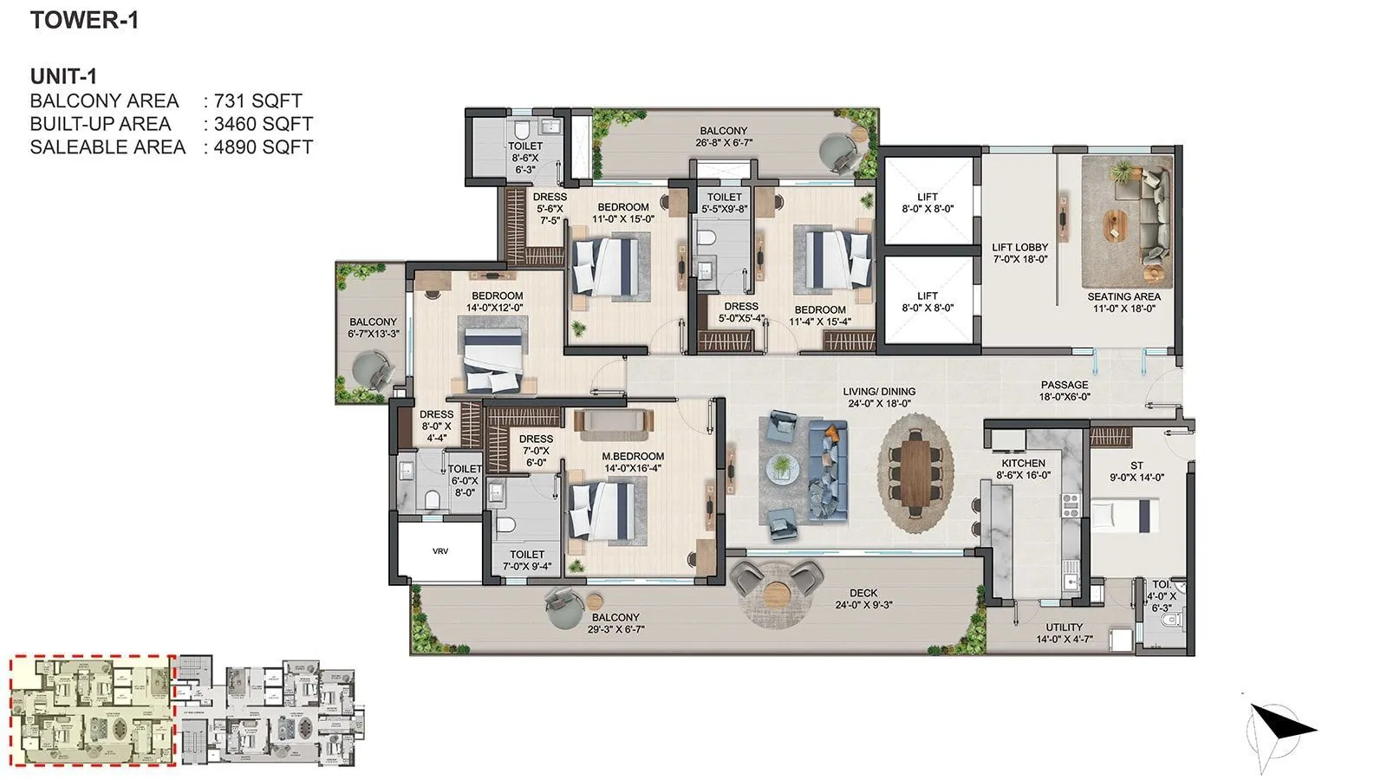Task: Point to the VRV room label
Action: pos(441,551)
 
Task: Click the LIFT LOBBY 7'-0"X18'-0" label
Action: pos(1019,253)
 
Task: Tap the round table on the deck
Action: pos(778,595)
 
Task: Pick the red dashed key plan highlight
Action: pos(93,711)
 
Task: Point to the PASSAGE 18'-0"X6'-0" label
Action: pos(1064,391)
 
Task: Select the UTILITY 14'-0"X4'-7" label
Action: pos(1064,633)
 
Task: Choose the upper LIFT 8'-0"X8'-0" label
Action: pos(927,203)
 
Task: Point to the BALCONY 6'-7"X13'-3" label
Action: pos(373,328)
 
